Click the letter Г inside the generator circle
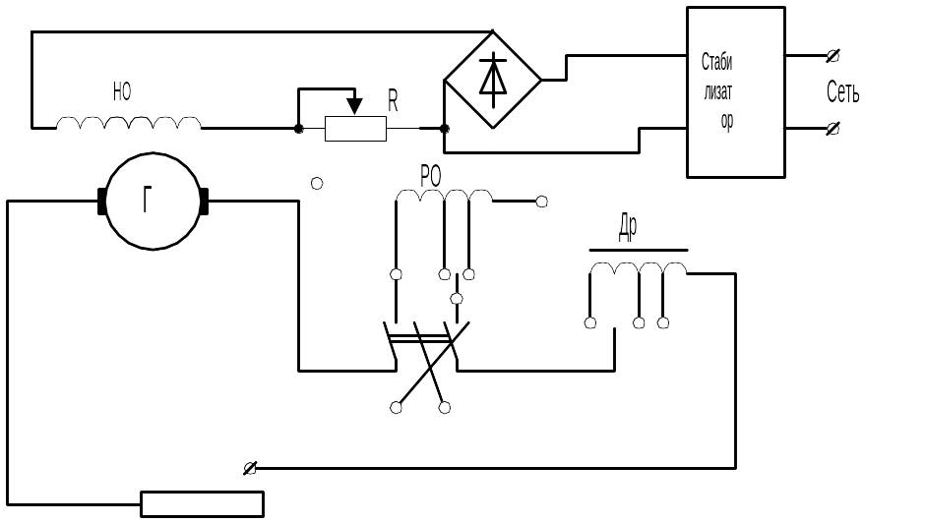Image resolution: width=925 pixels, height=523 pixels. pyautogui.click(x=148, y=200)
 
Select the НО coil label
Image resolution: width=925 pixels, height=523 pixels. pyautogui.click(x=122, y=92)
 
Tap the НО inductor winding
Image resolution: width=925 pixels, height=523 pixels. pyautogui.click(x=129, y=123)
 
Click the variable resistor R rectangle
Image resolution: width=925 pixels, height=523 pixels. pyautogui.click(x=355, y=129)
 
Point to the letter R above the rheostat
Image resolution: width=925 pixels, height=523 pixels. pyautogui.click(x=393, y=101)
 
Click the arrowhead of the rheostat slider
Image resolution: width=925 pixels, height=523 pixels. pyautogui.click(x=354, y=106)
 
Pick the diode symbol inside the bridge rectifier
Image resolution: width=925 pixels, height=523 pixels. pyautogui.click(x=493, y=81)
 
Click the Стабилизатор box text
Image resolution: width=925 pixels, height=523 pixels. pyautogui.click(x=717, y=91)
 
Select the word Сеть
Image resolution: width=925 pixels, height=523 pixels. pyautogui.click(x=843, y=92)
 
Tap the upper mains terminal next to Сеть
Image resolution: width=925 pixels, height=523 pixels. pyautogui.click(x=832, y=56)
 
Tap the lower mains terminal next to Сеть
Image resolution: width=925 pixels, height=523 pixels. pyautogui.click(x=832, y=129)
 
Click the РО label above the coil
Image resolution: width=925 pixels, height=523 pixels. pyautogui.click(x=431, y=176)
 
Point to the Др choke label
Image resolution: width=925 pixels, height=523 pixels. pyautogui.click(x=628, y=227)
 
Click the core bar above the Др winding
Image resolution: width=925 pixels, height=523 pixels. pyautogui.click(x=639, y=251)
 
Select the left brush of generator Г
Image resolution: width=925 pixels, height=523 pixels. pyautogui.click(x=102, y=202)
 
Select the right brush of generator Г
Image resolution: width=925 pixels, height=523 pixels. pyautogui.click(x=204, y=202)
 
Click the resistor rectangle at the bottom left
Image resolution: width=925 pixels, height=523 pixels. pyautogui.click(x=203, y=504)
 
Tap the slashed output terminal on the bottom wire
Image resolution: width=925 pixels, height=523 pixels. pyautogui.click(x=250, y=468)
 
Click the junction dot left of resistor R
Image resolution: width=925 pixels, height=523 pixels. pyautogui.click(x=298, y=129)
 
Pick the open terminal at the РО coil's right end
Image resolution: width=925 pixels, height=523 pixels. pyautogui.click(x=541, y=202)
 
